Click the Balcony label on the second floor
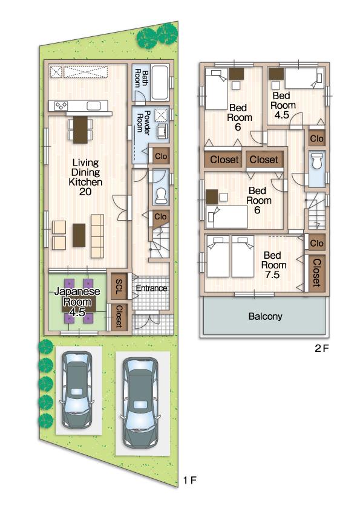(x=264, y=316)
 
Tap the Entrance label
(x=151, y=288)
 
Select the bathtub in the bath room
(x=160, y=83)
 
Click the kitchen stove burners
(x=62, y=106)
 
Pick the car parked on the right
(x=140, y=401)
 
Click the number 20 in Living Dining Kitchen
(x=85, y=192)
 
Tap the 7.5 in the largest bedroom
(x=271, y=275)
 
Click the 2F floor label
(x=321, y=348)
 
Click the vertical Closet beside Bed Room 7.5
(x=316, y=272)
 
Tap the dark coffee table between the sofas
(x=79, y=235)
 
